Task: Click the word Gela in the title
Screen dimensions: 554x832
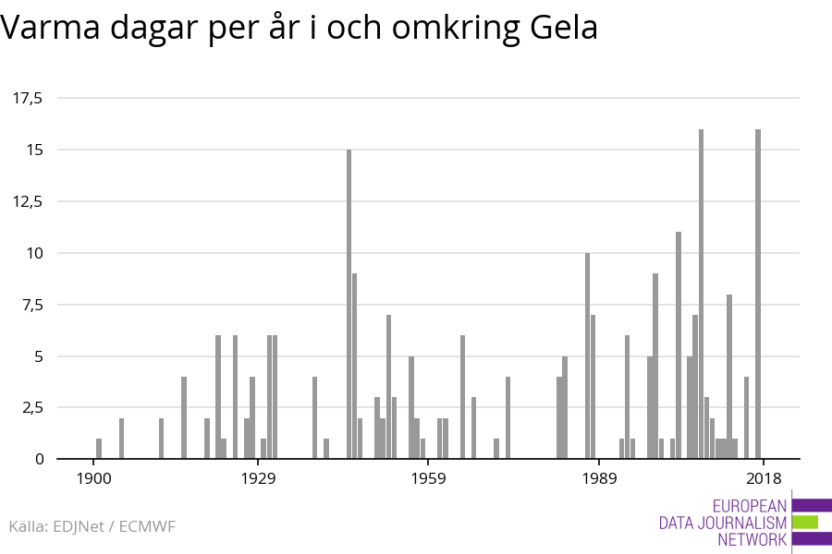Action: pyautogui.click(x=565, y=29)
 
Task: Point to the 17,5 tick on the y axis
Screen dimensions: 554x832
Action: pyautogui.click(x=29, y=98)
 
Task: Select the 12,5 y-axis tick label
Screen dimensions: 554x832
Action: pyautogui.click(x=29, y=201)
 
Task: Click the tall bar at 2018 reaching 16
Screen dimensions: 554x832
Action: pyautogui.click(x=758, y=294)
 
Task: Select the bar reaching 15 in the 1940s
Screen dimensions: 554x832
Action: pyautogui.click(x=349, y=304)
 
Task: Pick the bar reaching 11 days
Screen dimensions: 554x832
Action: pyautogui.click(x=679, y=345)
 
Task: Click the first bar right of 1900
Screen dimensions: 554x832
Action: pyautogui.click(x=99, y=449)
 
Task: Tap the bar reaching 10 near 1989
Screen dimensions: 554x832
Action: pyautogui.click(x=587, y=355)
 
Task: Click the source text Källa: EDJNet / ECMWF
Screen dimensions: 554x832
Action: pyautogui.click(x=92, y=526)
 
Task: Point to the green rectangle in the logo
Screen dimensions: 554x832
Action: pyautogui.click(x=805, y=522)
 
